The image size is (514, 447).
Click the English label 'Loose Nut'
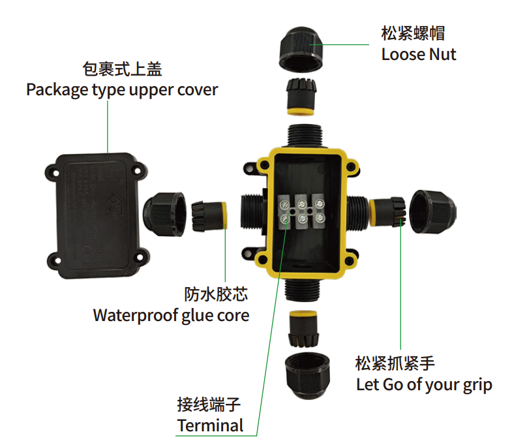[x=419, y=54]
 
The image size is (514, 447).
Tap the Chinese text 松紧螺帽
[x=413, y=33]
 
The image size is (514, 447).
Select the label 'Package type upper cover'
[x=122, y=90]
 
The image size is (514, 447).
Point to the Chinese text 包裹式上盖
[x=122, y=69]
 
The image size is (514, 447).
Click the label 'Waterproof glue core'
[x=171, y=315]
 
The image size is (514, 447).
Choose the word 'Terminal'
[x=210, y=425]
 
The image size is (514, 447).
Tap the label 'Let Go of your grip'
[x=424, y=385]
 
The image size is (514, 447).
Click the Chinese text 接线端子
[x=209, y=405]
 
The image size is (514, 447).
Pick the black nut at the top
[x=301, y=50]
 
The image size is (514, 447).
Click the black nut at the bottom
[x=307, y=376]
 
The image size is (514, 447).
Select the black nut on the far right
[x=432, y=211]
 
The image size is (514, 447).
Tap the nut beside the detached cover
[x=164, y=214]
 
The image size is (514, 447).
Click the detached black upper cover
[x=97, y=216]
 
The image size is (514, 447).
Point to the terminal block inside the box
[x=301, y=211]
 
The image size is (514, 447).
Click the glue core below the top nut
[x=301, y=97]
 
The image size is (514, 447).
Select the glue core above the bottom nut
[x=303, y=329]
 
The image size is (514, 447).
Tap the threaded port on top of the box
[x=305, y=136]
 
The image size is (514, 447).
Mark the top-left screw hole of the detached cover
[x=55, y=172]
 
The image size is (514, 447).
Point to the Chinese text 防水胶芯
[x=216, y=294]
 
